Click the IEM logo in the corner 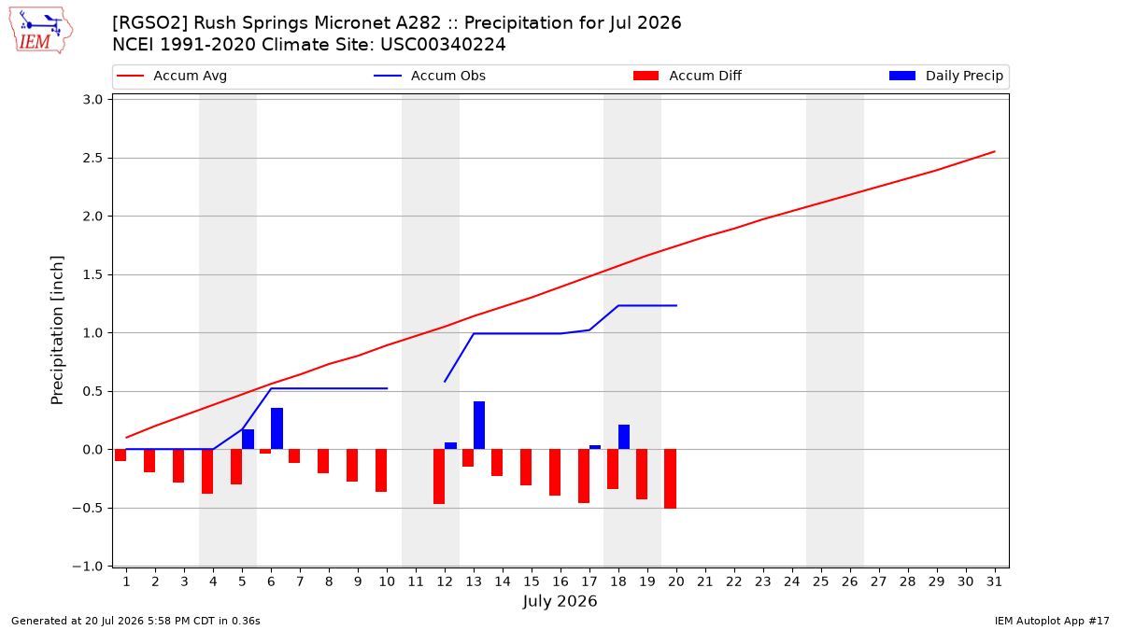coord(40,31)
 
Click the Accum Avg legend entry coord(172,76)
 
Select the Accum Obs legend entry coord(430,76)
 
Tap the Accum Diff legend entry coord(688,76)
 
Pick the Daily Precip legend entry coord(945,76)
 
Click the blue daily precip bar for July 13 coord(479,425)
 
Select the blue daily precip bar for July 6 coord(277,428)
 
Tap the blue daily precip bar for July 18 coord(624,437)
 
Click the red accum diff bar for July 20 coord(671,479)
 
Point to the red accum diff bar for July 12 coord(439,477)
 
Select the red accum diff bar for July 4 coord(207,471)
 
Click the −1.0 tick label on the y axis coord(88,566)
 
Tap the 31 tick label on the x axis coord(994,581)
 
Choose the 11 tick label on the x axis coord(416,581)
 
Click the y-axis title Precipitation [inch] coord(57,330)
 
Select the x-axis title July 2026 coord(560,601)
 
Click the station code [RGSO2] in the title coord(150,23)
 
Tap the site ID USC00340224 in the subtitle coord(443,45)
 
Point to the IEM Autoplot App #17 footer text coord(1052,621)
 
